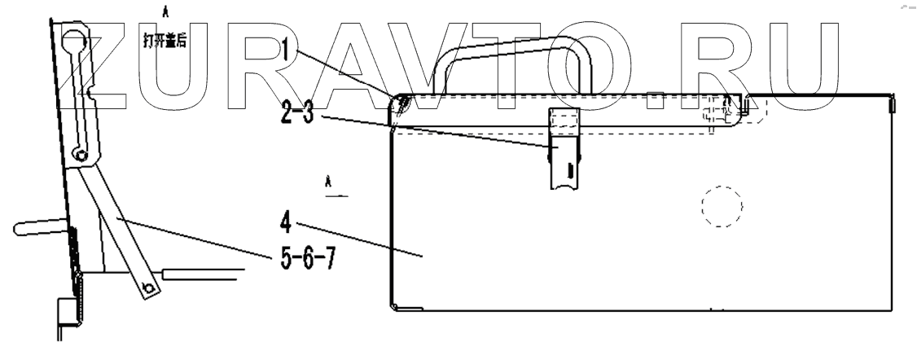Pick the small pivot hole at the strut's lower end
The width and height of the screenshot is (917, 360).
coord(148,288)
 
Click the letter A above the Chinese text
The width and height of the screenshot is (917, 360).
coord(166,11)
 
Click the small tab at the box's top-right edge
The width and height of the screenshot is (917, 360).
coord(893,103)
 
